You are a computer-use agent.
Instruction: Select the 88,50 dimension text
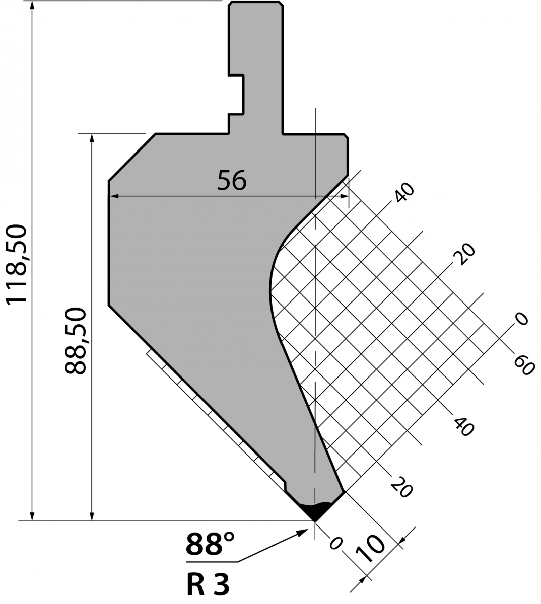coord(76,341)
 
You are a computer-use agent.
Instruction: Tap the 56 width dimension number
coord(232,180)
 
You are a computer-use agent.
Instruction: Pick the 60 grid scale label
coord(524,365)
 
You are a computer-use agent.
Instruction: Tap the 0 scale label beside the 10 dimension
coord(335,543)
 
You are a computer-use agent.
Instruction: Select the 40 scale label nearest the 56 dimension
coord(404,193)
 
